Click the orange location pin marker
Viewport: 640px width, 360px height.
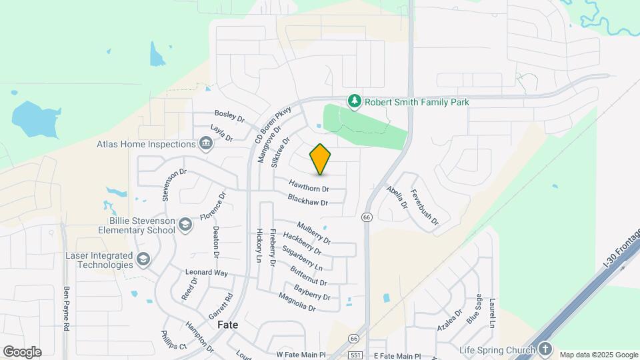point(321,159)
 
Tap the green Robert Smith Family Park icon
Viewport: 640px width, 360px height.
point(355,101)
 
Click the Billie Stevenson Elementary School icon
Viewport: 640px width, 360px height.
point(185,225)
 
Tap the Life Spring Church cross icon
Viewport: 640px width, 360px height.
point(545,349)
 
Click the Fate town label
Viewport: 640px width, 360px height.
point(228,325)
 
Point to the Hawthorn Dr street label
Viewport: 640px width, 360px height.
point(309,186)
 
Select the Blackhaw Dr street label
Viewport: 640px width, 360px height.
point(307,199)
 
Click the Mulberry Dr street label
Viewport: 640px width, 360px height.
point(313,232)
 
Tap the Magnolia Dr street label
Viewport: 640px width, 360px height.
point(297,301)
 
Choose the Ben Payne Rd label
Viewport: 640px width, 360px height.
point(67,309)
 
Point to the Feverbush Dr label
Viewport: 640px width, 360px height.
point(425,207)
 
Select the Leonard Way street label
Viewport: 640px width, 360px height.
point(207,273)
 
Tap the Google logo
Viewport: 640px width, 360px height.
point(22,351)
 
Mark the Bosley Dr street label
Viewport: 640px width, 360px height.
point(230,115)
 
